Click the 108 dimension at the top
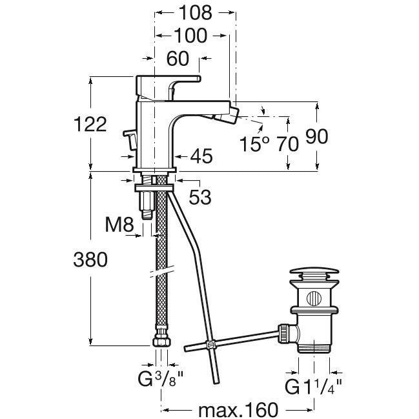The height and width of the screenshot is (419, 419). click(x=196, y=12)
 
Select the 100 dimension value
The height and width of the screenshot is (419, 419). click(x=190, y=36)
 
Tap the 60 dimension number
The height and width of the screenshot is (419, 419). click(x=178, y=59)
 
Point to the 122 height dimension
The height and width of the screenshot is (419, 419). click(x=90, y=124)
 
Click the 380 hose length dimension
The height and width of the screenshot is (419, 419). click(x=90, y=259)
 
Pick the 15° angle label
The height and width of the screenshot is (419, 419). click(x=254, y=144)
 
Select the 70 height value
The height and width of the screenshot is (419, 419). click(x=287, y=144)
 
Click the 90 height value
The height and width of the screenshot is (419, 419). click(x=316, y=136)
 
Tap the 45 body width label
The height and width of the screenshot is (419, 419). click(x=201, y=156)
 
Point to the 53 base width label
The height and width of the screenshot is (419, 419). click(x=200, y=197)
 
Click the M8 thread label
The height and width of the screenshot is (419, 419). click(x=119, y=224)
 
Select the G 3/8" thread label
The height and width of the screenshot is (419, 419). click(x=160, y=378)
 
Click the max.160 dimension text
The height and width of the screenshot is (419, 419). click(x=239, y=409)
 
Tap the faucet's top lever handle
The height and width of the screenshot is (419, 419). click(x=169, y=88)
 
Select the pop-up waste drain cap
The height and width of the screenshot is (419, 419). click(x=314, y=274)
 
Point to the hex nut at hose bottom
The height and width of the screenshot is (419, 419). click(x=161, y=342)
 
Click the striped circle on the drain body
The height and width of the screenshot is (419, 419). click(x=314, y=298)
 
